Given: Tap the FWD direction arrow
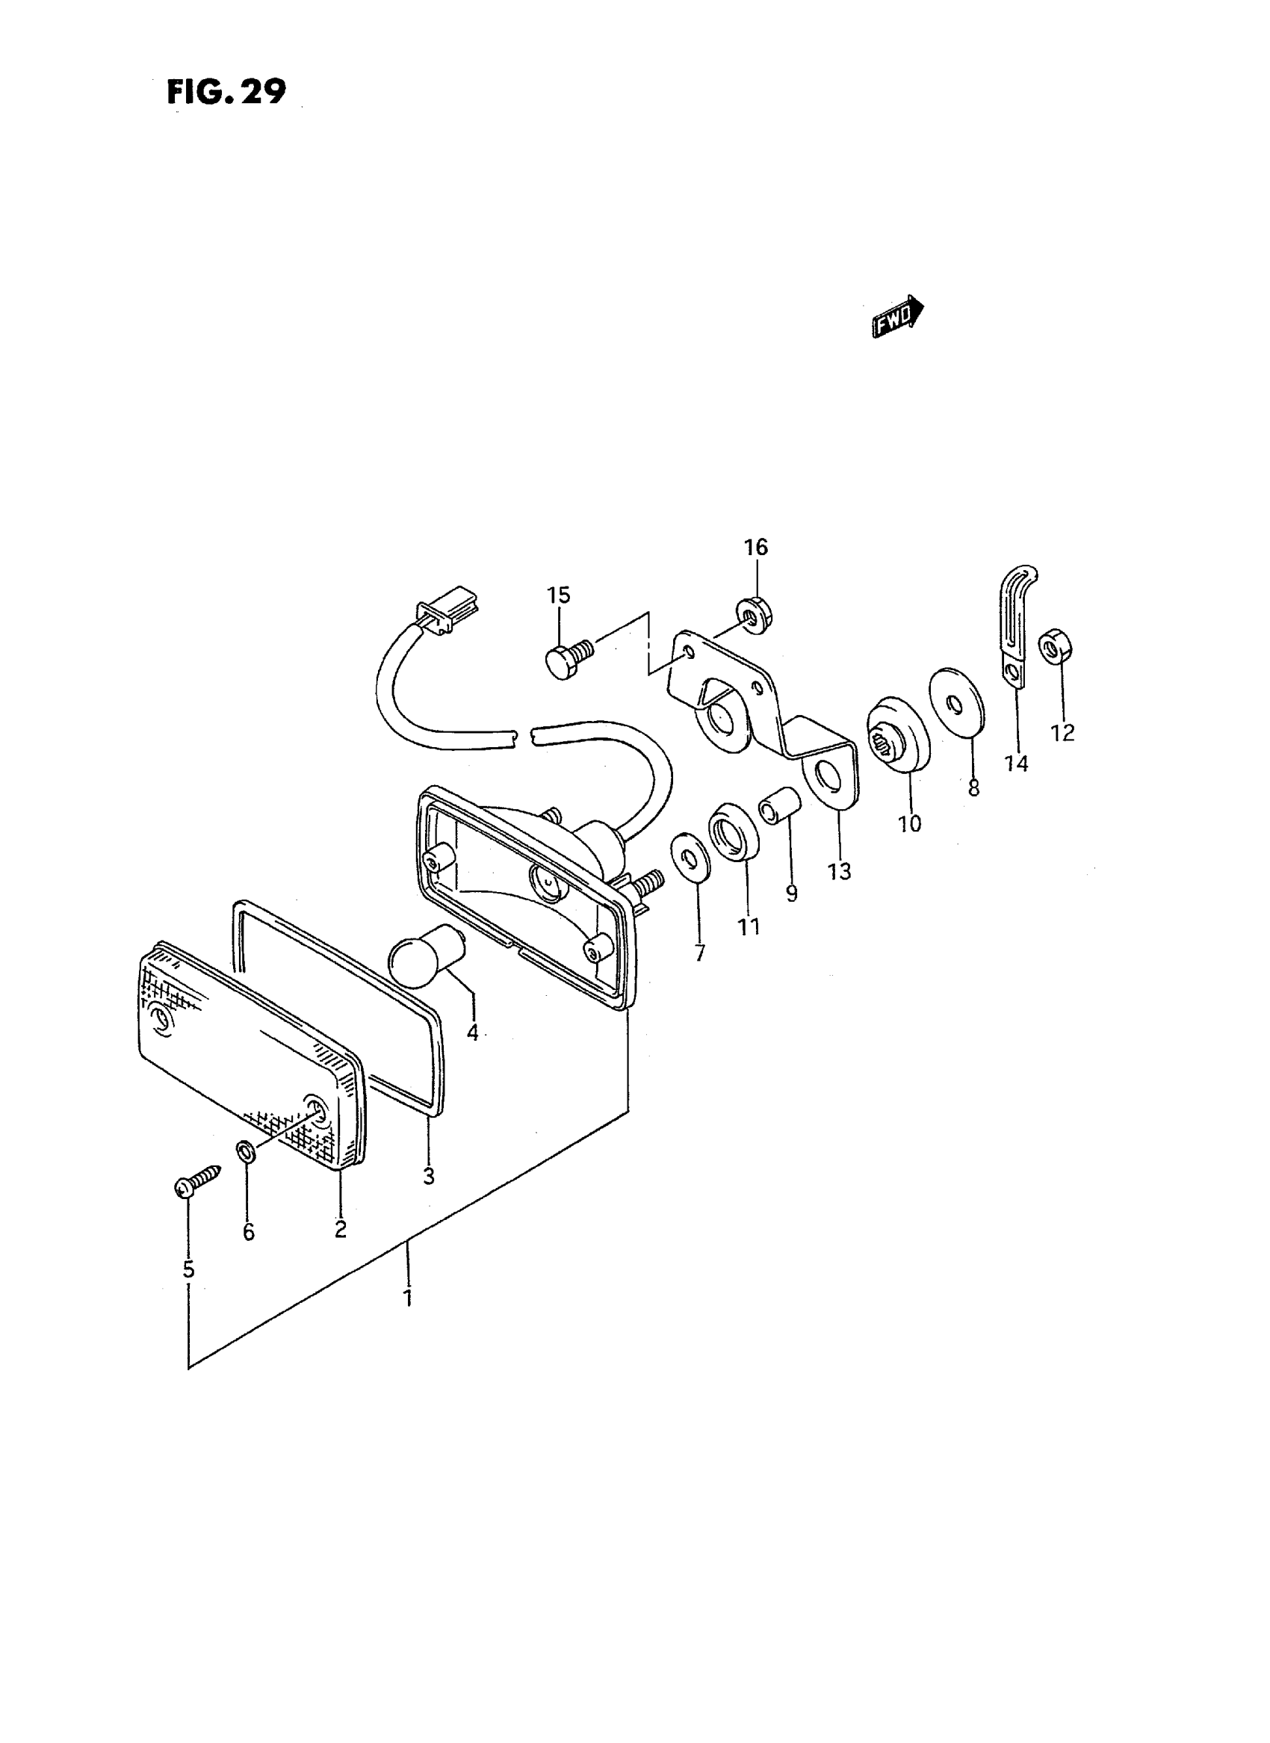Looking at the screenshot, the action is pos(897,315).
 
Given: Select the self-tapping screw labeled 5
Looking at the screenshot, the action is pos(196,1182).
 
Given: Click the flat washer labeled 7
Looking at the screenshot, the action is pos(690,854).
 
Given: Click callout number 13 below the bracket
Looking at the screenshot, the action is pos(840,871).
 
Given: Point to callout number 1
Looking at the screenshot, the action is pos(408,1299).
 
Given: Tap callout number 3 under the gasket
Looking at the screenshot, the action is pos(428,1176).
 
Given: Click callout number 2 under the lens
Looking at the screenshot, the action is pos(341,1230).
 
